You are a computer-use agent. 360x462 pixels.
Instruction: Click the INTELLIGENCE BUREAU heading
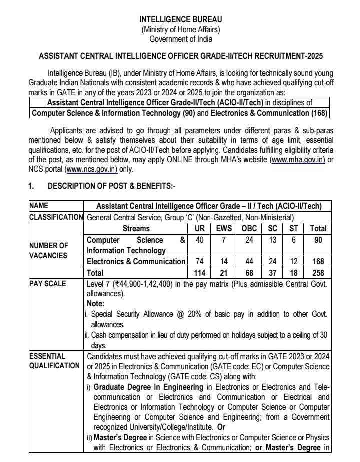click(180, 19)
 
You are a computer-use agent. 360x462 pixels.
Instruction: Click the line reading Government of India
click(180, 39)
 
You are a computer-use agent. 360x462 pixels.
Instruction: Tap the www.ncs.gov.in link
click(92, 169)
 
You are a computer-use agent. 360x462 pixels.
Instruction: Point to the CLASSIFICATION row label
click(56, 217)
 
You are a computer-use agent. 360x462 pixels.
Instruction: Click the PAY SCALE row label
click(48, 284)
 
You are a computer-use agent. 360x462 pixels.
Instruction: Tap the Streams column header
click(136, 228)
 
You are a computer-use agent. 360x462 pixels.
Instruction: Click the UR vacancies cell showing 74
click(198, 261)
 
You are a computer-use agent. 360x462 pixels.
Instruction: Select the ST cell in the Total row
click(294, 273)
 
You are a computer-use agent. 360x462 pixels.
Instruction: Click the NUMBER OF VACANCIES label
click(48, 250)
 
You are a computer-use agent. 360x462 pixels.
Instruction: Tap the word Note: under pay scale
click(95, 304)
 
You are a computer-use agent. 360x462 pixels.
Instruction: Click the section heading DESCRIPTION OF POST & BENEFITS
click(111, 186)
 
